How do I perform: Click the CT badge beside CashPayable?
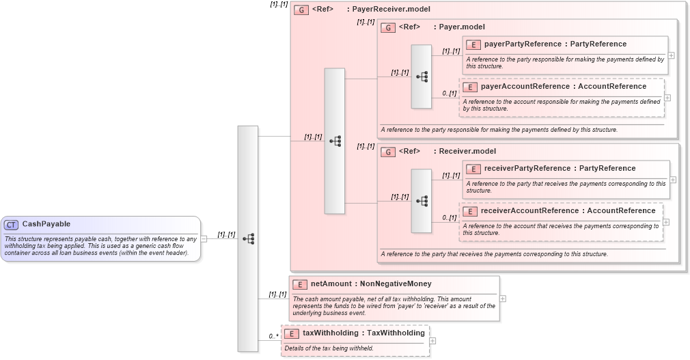pos(12,224)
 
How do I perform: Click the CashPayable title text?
pos(46,224)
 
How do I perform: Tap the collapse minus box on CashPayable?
pos(204,238)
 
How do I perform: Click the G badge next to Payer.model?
pos(388,27)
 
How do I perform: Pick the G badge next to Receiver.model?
pos(388,152)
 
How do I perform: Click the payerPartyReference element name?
pos(522,44)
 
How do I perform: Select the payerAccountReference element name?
pos(525,87)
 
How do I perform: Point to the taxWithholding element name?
pos(331,333)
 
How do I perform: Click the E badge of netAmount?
pos(299,284)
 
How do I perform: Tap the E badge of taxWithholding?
pos(291,333)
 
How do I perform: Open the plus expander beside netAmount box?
pos(503,299)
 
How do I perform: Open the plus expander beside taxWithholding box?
pos(432,340)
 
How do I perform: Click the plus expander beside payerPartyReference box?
pos(672,55)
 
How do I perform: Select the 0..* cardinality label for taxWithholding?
pos(273,336)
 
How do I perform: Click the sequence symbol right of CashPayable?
pos(248,238)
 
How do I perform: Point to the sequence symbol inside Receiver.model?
pos(422,201)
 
